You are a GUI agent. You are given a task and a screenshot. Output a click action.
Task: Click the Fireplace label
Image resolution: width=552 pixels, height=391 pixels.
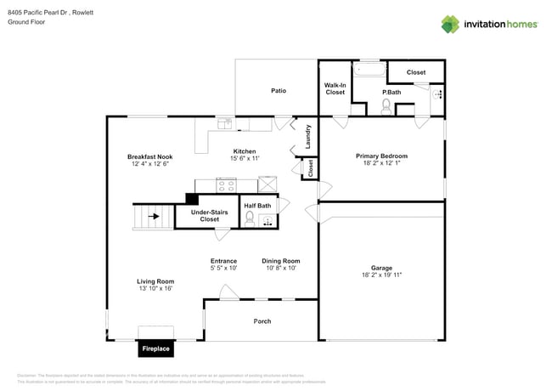[x=155, y=348]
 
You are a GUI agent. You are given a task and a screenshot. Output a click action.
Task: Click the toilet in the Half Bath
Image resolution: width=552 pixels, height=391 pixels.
[x=249, y=218]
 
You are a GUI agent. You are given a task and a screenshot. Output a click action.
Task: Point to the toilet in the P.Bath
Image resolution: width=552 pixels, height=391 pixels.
[x=386, y=106]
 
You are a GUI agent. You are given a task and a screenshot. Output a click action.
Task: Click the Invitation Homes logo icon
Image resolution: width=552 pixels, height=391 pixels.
[x=449, y=24]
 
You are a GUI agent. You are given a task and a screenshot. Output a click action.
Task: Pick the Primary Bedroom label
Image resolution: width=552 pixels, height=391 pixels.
[x=381, y=156]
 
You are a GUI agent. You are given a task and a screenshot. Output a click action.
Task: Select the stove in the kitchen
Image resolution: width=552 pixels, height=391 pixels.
[x=227, y=184]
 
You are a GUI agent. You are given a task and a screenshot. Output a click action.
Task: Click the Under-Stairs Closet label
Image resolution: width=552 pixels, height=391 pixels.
[x=210, y=215]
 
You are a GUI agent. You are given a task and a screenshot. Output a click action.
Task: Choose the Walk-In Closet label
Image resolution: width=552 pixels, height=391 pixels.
[x=335, y=88]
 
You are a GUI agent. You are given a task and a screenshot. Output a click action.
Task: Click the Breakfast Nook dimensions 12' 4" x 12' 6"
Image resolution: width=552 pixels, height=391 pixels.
[x=150, y=164]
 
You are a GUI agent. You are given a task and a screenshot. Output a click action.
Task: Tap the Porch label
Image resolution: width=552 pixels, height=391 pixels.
[x=262, y=321]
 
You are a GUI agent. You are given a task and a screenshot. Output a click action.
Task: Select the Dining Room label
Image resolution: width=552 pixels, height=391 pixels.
[x=280, y=261]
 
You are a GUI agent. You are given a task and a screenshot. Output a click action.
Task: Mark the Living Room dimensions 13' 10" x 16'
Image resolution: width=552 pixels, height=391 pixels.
[x=155, y=288]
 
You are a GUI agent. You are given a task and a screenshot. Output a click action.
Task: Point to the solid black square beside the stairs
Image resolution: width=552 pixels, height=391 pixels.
[x=191, y=198]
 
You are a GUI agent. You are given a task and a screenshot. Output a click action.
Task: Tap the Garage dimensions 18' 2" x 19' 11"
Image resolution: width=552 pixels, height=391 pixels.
[x=381, y=275]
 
